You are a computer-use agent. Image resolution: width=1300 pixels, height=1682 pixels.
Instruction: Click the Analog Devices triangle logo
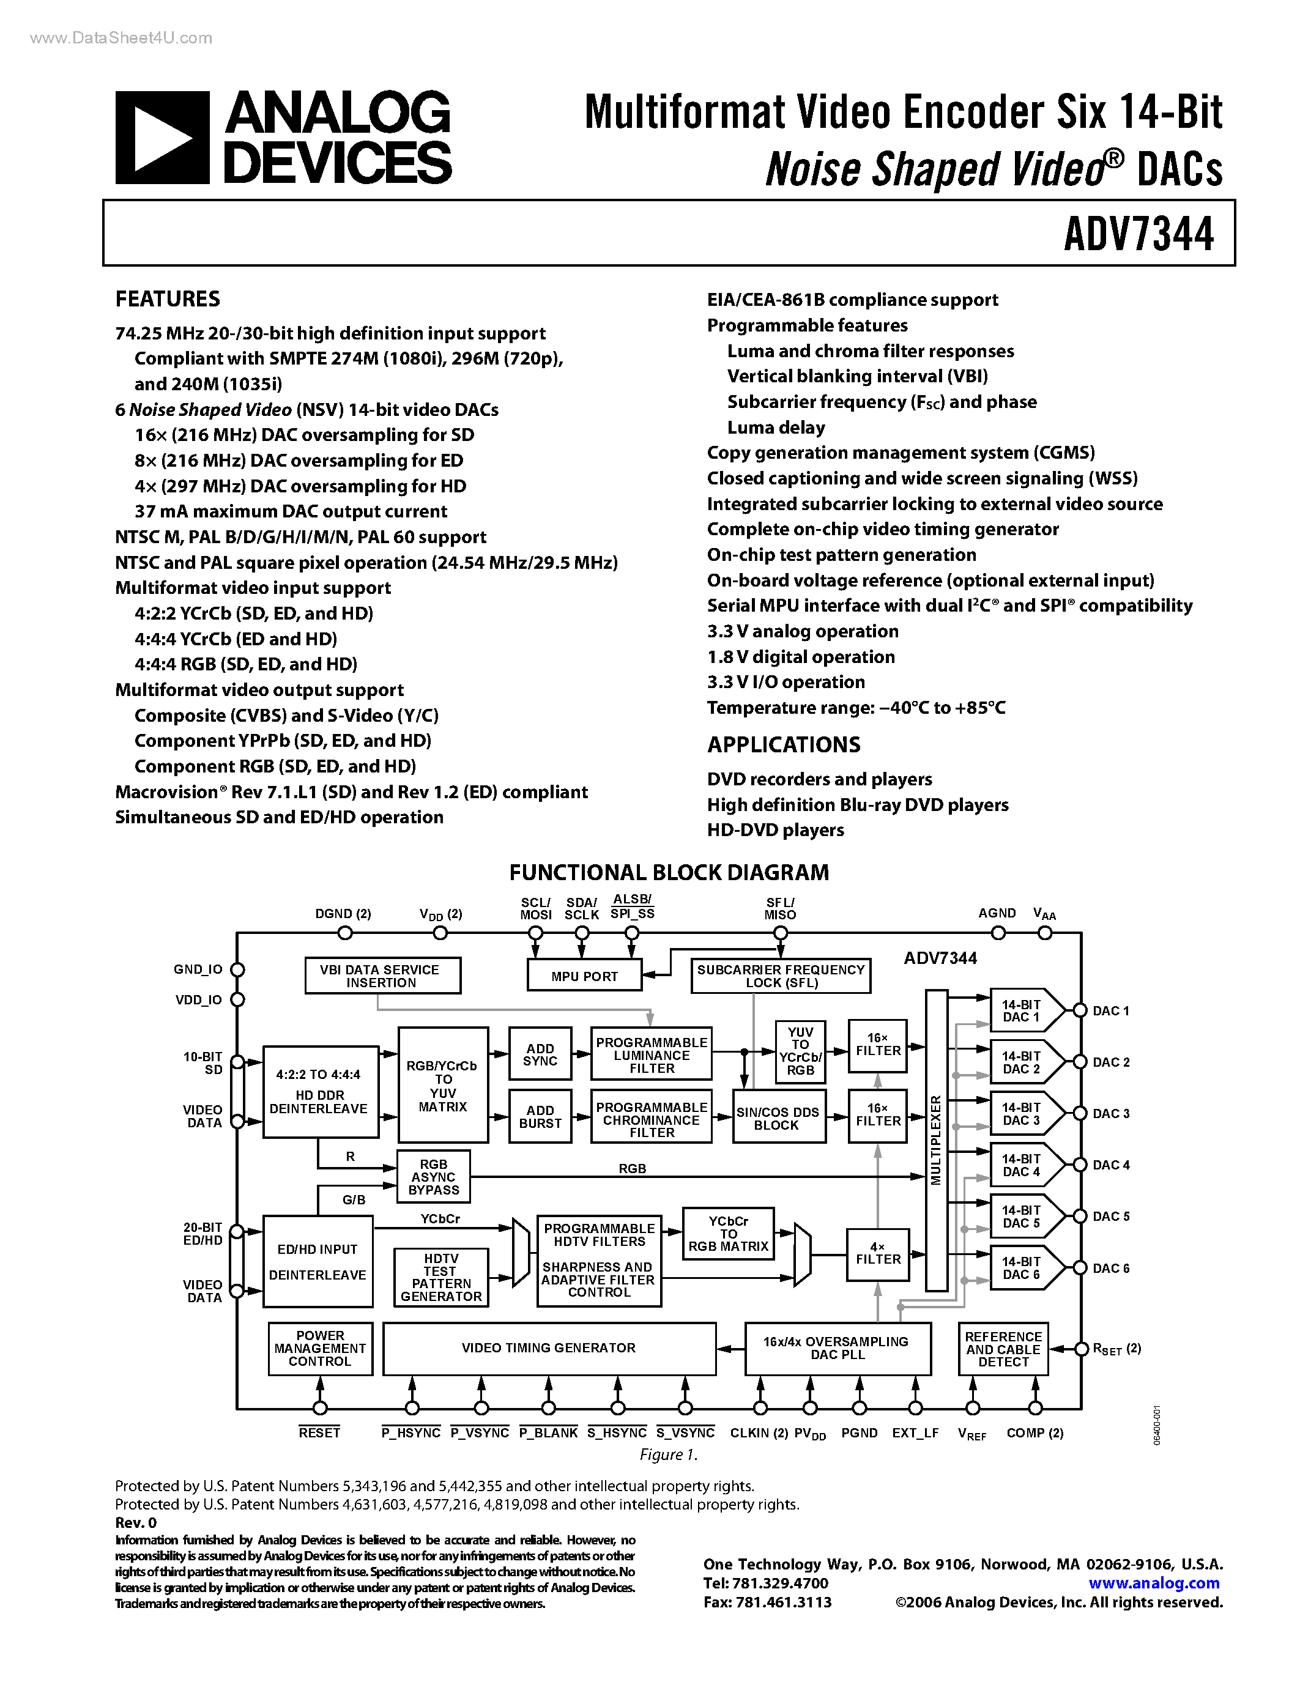click(162, 138)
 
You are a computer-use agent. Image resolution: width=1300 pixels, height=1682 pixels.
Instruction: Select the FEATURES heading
click(167, 299)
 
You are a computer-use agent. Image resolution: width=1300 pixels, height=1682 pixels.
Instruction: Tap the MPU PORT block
click(584, 976)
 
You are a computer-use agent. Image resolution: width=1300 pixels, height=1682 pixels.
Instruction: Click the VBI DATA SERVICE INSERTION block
click(382, 976)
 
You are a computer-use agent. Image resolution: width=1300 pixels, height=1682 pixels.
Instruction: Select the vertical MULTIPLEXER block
click(936, 1140)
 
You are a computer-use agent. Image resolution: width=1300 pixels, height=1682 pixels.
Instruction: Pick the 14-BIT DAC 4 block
click(1021, 1165)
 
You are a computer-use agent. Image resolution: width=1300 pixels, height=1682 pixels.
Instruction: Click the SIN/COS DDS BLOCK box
click(777, 1118)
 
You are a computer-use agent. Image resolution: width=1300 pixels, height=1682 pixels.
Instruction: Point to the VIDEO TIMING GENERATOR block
click(548, 1348)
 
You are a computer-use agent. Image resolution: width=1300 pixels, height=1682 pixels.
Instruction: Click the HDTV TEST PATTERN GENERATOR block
click(440, 1278)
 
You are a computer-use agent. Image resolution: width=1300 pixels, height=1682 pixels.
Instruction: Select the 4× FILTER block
click(878, 1253)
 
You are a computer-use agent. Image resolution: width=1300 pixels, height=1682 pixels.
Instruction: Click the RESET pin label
click(319, 1433)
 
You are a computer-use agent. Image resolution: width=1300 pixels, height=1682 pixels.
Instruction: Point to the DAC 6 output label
click(1110, 1269)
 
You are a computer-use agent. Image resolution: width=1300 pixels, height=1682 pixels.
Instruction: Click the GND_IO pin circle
click(238, 969)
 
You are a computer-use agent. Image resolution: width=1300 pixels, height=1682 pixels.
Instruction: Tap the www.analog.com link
click(1154, 1584)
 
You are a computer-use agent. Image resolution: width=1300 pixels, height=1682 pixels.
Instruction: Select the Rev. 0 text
click(136, 1522)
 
